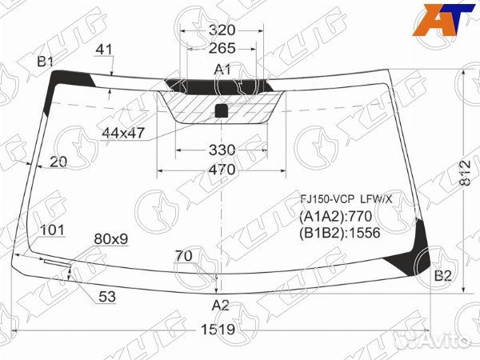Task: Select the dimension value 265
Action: point(222,49)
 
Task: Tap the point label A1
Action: point(222,70)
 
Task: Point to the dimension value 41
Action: point(104,50)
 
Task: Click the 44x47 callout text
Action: point(123,133)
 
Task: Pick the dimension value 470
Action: point(222,170)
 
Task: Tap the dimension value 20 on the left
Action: point(58,161)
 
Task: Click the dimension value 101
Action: point(52,230)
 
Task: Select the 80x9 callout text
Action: point(111,238)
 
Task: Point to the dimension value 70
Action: point(184,257)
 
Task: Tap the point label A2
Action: point(221,305)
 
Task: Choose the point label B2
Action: point(443,277)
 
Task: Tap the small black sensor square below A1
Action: point(222,111)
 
